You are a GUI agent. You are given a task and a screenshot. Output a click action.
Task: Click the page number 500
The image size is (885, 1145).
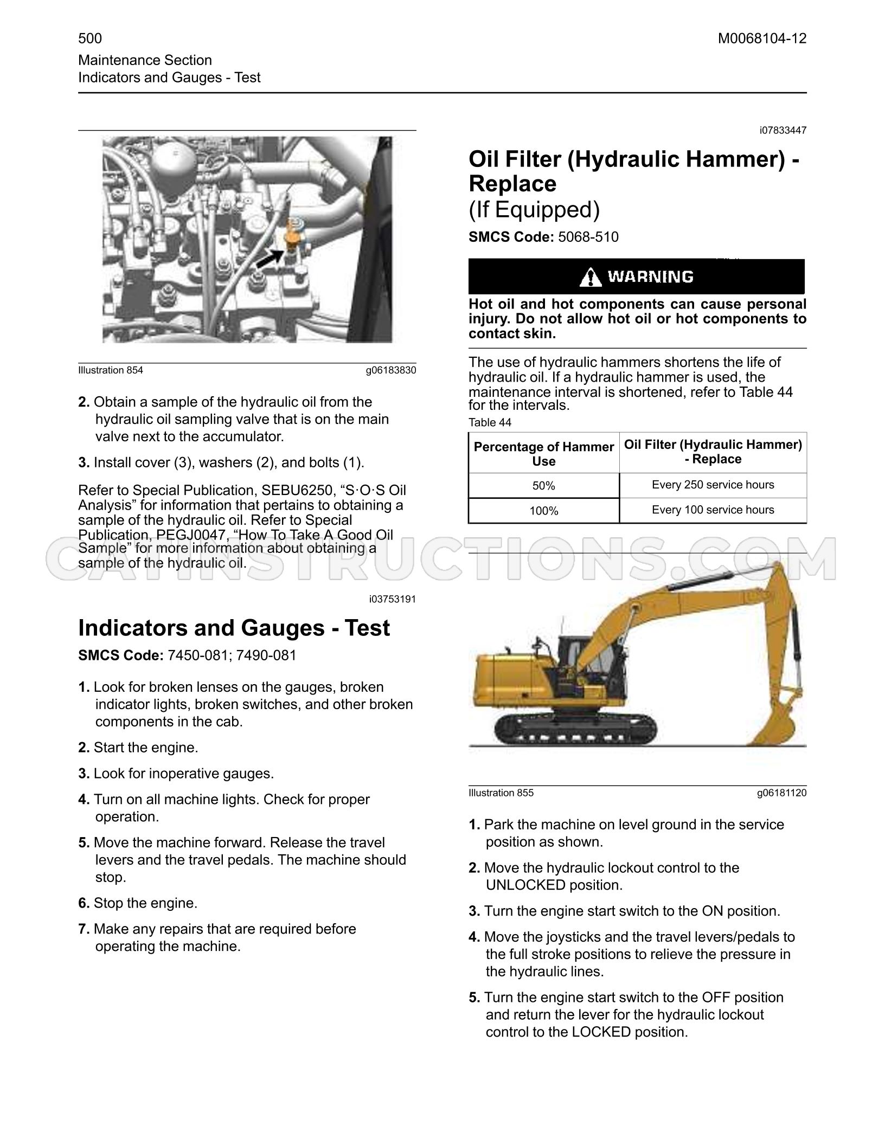point(90,38)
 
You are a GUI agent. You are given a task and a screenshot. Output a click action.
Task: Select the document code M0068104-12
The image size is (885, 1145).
point(762,38)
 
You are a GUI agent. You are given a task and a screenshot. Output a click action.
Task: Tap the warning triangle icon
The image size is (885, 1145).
point(590,278)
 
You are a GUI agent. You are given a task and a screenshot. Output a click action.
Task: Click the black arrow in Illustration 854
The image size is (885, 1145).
point(270,259)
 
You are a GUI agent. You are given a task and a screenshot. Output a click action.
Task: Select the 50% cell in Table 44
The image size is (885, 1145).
point(544,486)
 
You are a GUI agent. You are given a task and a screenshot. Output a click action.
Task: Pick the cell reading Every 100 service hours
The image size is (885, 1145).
point(713,510)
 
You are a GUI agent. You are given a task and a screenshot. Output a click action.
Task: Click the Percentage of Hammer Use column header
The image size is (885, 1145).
point(544,454)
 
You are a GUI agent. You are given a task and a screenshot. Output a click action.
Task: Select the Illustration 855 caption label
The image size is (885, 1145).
point(501,793)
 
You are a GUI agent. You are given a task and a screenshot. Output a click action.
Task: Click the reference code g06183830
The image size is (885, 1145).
point(391,370)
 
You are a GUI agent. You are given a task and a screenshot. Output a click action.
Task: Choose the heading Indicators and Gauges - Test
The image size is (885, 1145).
point(234,627)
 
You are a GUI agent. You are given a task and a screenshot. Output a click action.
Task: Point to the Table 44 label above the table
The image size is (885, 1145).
point(490,422)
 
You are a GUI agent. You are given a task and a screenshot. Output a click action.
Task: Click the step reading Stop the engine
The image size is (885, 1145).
point(138,903)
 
